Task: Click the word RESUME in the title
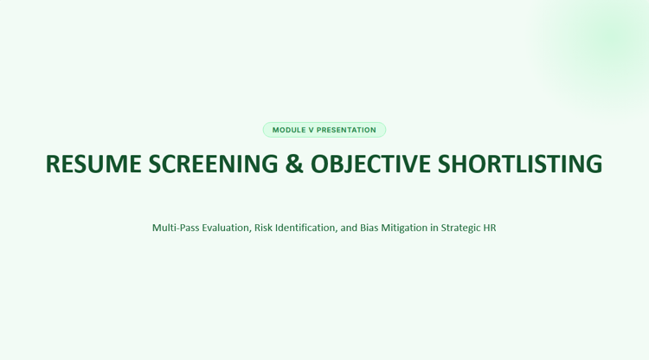pos(93,164)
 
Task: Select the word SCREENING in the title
pos(213,164)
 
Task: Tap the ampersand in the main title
pos(294,164)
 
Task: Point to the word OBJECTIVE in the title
pos(370,164)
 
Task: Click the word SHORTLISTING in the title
pos(520,164)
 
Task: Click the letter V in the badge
pos(312,130)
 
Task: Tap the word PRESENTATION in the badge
pos(346,130)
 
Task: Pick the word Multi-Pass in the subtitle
pos(176,228)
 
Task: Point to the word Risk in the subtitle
pos(263,228)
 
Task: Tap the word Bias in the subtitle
pos(369,228)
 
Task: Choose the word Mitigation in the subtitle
pos(404,228)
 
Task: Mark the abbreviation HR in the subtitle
pos(490,228)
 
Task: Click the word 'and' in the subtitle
pos(349,228)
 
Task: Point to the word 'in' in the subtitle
pos(434,228)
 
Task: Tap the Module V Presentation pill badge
pos(324,130)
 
